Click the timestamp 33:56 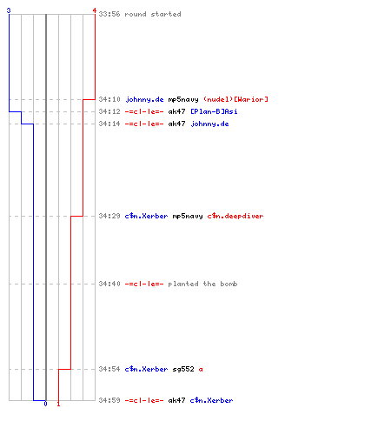point(109,14)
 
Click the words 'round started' point(153,14)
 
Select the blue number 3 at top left point(9,10)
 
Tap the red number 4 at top point(95,10)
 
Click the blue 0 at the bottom point(45,404)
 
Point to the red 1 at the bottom point(58,404)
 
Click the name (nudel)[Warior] point(235,99)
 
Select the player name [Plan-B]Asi point(214,111)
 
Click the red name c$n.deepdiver point(235,216)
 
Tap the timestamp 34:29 point(109,216)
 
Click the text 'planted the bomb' point(202,284)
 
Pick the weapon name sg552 point(183,369)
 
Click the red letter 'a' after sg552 point(201,370)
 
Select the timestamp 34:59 point(109,400)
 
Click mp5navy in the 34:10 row point(183,100)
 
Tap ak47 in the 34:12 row point(176,111)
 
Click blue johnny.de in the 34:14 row point(209,124)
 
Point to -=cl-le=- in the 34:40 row point(144,284)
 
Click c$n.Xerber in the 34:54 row point(146,369)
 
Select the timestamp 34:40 point(109,284)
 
